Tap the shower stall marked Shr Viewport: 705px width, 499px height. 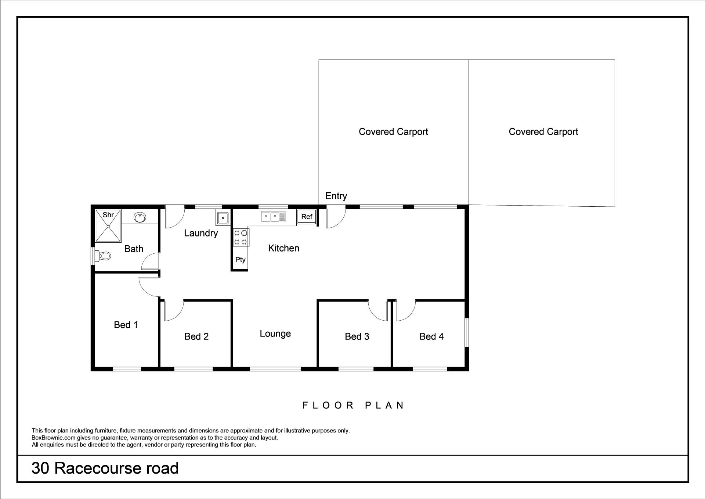108,226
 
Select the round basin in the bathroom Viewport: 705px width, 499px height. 140,217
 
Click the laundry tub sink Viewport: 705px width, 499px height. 223,218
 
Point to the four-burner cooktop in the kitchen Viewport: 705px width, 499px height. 241,237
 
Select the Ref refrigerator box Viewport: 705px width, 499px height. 307,217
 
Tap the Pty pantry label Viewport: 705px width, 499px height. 241,260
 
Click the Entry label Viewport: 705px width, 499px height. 336,196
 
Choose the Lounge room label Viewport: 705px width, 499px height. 275,334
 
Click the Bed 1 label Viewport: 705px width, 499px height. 126,325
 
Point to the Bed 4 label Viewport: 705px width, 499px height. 431,336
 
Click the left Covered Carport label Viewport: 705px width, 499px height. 393,132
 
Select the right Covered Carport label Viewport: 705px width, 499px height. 543,132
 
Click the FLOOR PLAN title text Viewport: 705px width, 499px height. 353,405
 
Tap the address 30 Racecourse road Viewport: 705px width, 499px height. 105,468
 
